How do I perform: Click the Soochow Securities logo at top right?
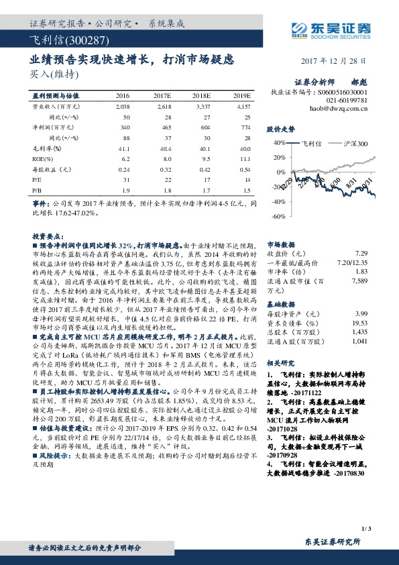333,28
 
